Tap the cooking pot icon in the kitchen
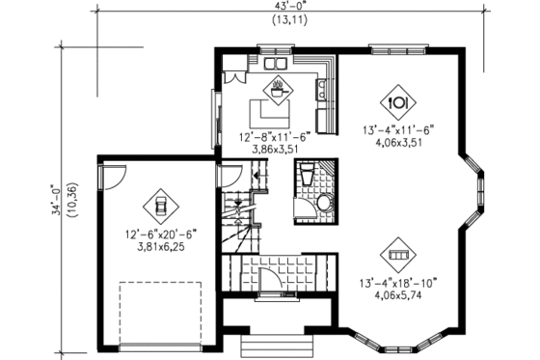coord(278,85)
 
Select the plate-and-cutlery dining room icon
coord(398,100)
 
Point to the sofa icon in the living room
coord(397,255)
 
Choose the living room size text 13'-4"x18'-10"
coord(399,283)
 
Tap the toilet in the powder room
coord(306,178)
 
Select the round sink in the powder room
coord(324,203)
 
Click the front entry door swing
coord(271,282)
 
